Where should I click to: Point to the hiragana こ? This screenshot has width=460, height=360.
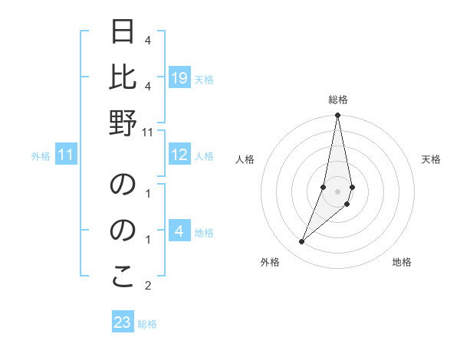click(123, 277)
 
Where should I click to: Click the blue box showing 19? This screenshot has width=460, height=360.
click(179, 77)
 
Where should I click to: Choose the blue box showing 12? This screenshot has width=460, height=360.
click(179, 155)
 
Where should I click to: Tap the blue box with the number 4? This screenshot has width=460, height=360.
click(179, 232)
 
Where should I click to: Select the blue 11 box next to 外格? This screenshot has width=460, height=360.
click(66, 155)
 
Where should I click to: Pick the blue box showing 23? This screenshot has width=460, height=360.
click(123, 322)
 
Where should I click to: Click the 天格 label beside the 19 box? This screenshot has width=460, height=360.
click(204, 79)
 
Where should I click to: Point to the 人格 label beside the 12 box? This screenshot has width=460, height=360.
click(204, 156)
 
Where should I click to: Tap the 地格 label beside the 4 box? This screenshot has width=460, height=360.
click(204, 233)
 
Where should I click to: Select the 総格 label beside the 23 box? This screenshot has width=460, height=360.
click(147, 323)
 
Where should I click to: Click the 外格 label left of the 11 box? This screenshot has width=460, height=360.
click(41, 156)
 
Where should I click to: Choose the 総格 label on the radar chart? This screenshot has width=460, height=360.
click(337, 100)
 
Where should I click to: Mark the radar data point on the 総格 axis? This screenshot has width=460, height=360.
click(337, 116)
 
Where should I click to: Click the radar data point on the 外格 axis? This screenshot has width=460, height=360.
click(301, 242)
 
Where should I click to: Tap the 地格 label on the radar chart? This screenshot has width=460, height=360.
click(402, 262)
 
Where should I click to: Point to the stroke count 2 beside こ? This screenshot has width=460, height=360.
click(148, 286)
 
